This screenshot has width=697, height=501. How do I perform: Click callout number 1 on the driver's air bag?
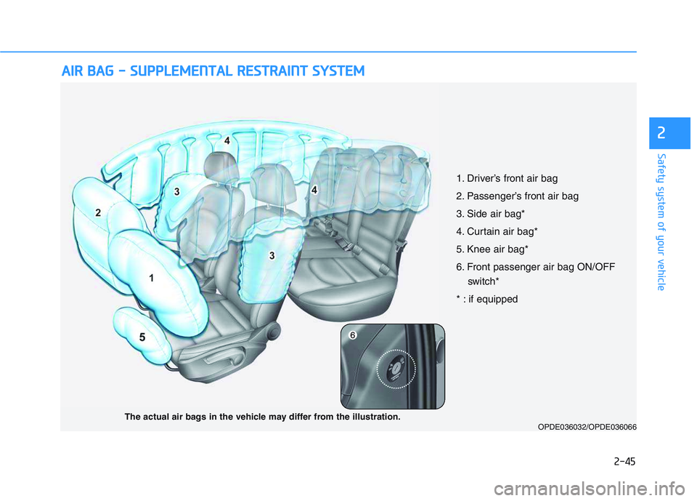pyautogui.click(x=152, y=277)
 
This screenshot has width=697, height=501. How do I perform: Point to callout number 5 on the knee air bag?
pyautogui.click(x=142, y=337)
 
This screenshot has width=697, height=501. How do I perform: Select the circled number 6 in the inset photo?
pyautogui.click(x=352, y=335)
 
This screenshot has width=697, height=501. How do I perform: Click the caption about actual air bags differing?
pyautogui.click(x=262, y=417)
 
